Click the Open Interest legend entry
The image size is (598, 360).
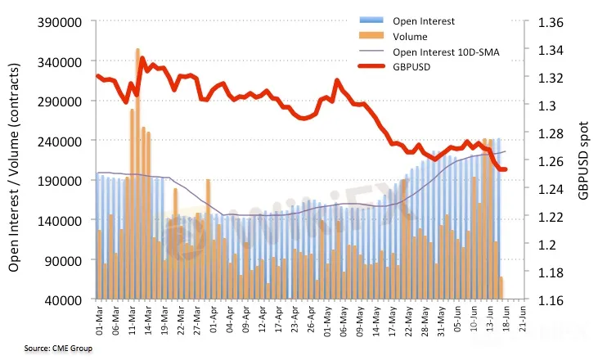tap(424, 22)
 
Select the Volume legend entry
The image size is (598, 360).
tap(410, 37)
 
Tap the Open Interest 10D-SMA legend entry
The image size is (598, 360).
tap(445, 52)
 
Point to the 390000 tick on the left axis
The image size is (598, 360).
tap(58, 22)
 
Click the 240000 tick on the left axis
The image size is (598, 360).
tap(58, 141)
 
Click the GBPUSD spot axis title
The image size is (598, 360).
tap(582, 160)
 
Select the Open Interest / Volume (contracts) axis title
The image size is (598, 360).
tap(14, 160)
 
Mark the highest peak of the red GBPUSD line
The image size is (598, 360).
tap(142, 59)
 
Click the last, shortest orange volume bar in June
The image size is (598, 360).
tap(501, 288)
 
